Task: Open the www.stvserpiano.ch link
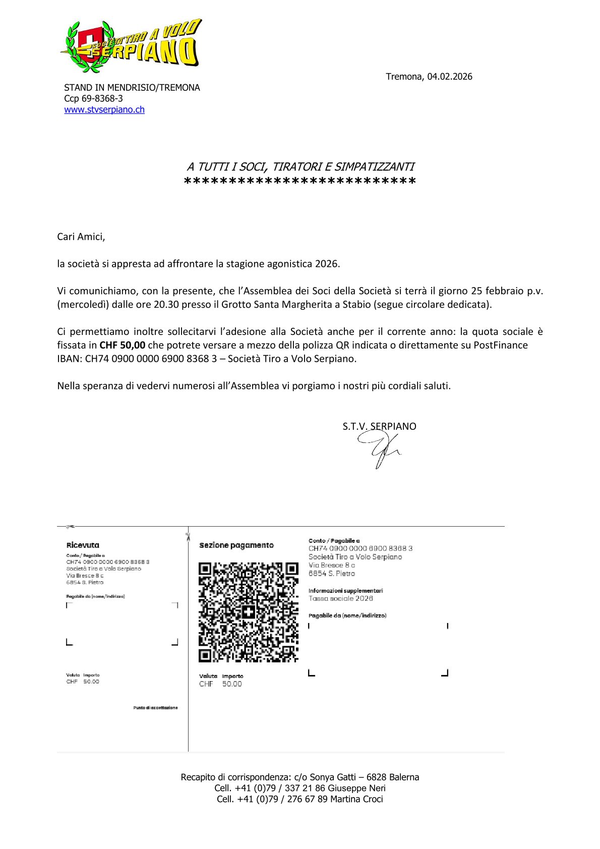(x=104, y=109)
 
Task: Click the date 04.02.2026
(x=450, y=77)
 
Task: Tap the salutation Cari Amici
(x=81, y=237)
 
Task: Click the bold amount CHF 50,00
(x=123, y=345)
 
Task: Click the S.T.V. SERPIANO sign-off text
(x=379, y=426)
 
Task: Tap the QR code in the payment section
(x=248, y=612)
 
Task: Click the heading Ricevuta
(x=83, y=545)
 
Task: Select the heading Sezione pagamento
(x=236, y=545)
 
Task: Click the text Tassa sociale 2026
(x=341, y=599)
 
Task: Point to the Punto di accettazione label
(x=155, y=708)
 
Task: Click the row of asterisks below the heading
(x=300, y=181)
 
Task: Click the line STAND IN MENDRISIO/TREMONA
(x=132, y=88)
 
